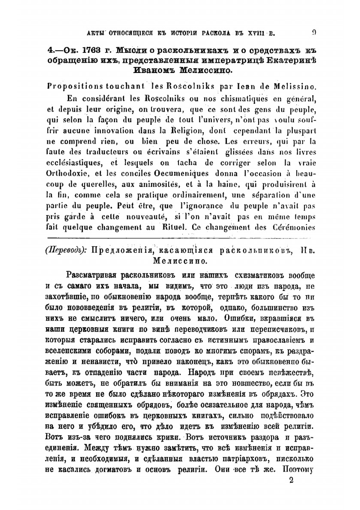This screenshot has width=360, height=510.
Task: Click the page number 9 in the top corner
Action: pyautogui.click(x=314, y=33)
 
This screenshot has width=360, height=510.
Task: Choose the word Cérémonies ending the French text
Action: pyautogui.click(x=294, y=227)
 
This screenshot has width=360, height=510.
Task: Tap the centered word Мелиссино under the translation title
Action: pyautogui.click(x=180, y=260)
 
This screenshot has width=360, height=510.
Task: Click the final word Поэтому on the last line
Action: pyautogui.click(x=298, y=469)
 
